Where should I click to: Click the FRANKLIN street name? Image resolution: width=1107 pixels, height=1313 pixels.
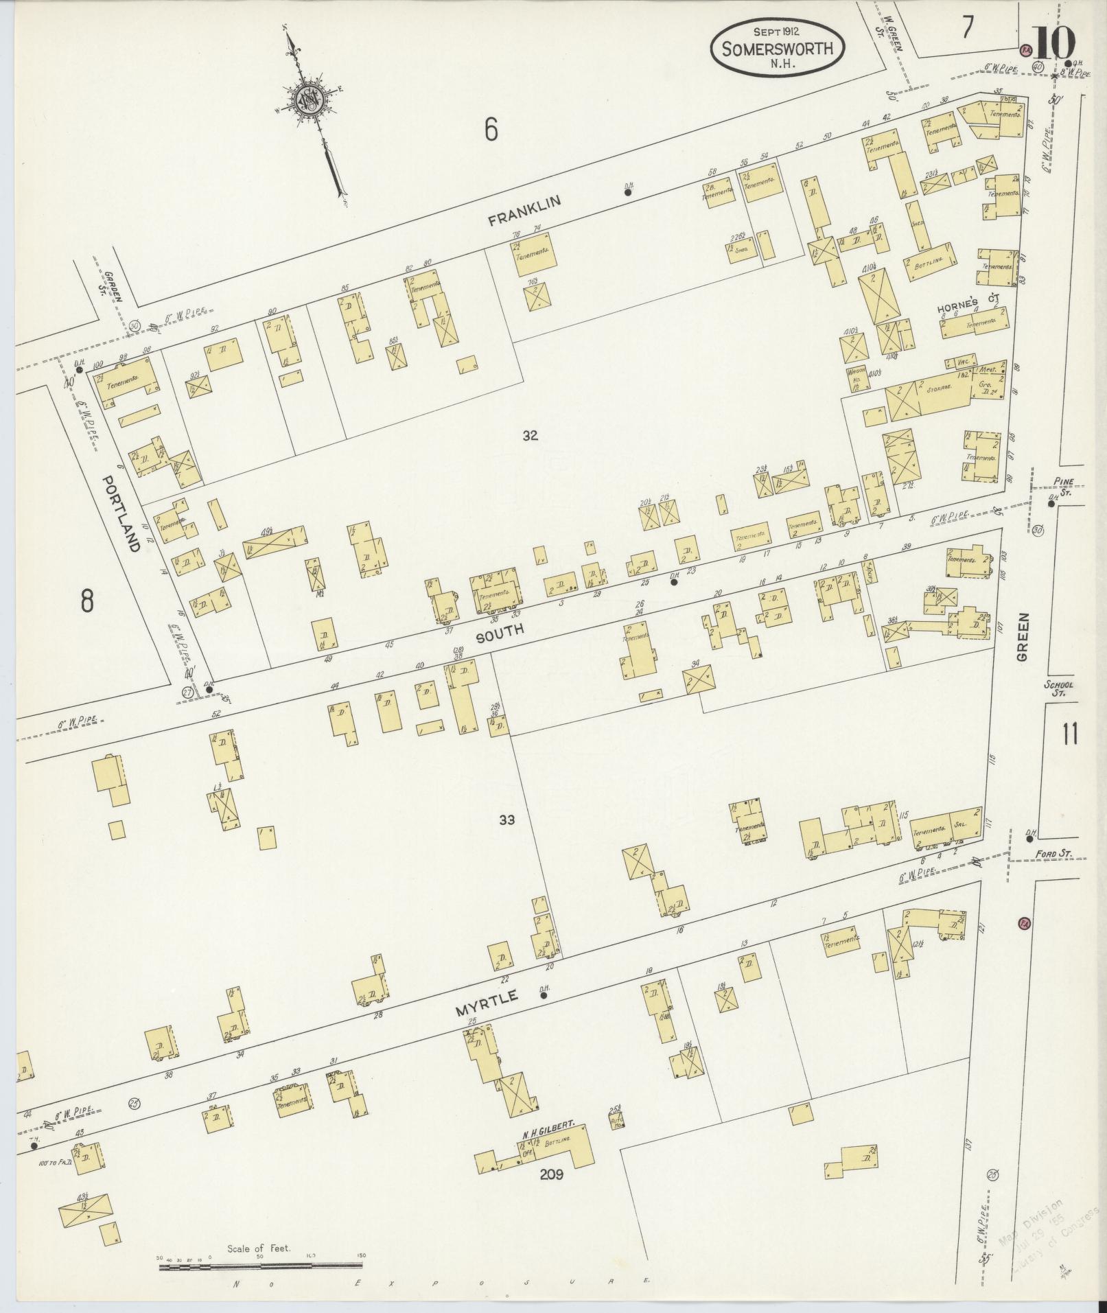[x=525, y=210]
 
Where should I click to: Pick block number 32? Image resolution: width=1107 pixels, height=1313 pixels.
[x=529, y=434]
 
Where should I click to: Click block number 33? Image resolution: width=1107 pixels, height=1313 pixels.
[x=506, y=820]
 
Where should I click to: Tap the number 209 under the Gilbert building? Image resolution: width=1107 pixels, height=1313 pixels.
[x=550, y=1174]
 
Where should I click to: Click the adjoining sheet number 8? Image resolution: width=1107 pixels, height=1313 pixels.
[x=86, y=601]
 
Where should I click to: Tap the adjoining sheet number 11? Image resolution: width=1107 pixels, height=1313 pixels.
[x=1070, y=734]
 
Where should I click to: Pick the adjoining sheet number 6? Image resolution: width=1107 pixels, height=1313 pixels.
[x=490, y=130]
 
